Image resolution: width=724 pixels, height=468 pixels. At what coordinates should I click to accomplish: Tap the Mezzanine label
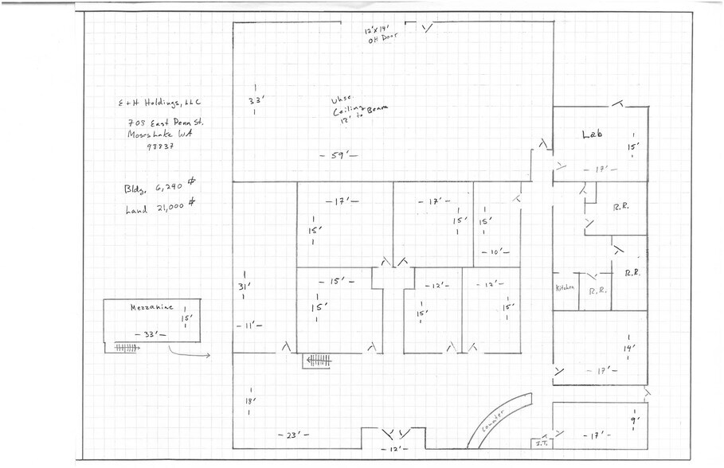pos(147,307)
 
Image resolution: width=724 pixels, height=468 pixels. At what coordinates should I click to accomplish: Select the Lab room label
pos(591,135)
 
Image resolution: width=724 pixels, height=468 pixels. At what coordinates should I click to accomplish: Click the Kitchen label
pos(565,288)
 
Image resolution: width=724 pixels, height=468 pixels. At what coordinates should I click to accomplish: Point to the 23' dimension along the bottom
pos(292,435)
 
